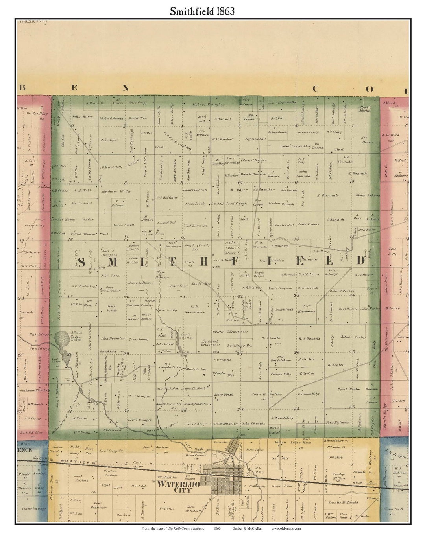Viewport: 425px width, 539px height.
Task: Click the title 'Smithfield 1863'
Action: (x=202, y=11)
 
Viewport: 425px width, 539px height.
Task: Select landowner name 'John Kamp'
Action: (x=81, y=117)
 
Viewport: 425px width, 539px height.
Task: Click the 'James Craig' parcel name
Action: (x=308, y=132)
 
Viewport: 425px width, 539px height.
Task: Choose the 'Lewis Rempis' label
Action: (x=139, y=420)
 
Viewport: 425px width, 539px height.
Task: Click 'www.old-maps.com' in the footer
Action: (x=286, y=528)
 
